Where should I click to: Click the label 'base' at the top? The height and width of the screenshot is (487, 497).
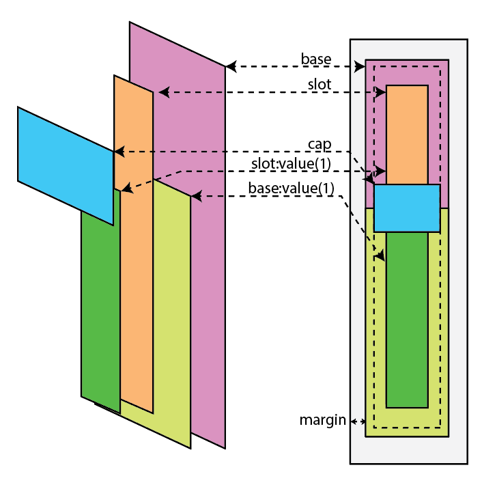click(x=316, y=59)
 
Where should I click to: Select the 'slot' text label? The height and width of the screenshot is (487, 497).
click(x=319, y=85)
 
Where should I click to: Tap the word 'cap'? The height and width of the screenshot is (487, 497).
click(x=319, y=143)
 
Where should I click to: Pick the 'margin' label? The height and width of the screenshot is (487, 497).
click(x=322, y=419)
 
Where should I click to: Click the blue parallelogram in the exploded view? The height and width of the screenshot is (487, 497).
click(x=65, y=164)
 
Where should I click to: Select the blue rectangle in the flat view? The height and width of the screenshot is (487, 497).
click(x=406, y=208)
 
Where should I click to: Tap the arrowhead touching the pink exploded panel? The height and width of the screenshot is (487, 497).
click(x=231, y=67)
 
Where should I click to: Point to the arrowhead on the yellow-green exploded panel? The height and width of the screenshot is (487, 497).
click(x=196, y=197)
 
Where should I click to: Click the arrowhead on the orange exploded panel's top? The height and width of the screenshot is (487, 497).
click(x=162, y=92)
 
